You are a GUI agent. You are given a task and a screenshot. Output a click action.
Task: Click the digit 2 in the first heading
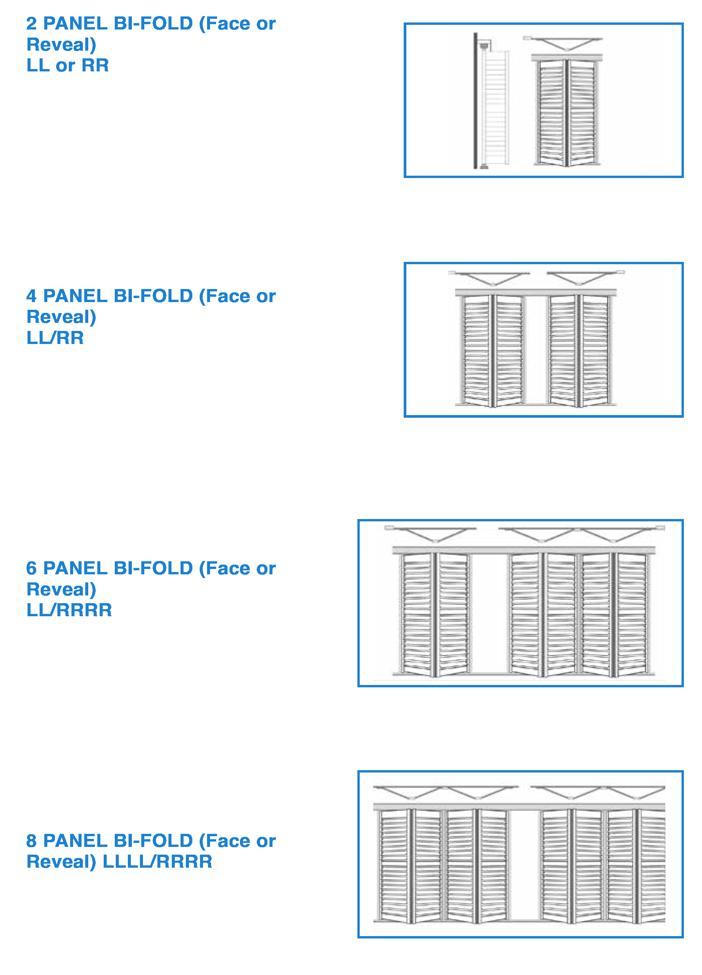click(x=32, y=24)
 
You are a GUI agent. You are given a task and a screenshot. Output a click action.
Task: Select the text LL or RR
click(x=67, y=65)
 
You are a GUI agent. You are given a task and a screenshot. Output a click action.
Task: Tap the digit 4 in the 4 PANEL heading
click(x=32, y=296)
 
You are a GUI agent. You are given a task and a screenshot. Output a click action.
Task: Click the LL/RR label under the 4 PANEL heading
click(x=55, y=338)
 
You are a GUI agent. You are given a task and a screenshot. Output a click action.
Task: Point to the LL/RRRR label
click(x=69, y=610)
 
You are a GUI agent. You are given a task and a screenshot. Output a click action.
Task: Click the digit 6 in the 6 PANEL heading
click(x=32, y=568)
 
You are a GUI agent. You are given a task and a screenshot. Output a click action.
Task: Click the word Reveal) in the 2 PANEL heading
click(x=61, y=45)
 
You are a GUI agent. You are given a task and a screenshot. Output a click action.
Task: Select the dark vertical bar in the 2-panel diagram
click(x=475, y=101)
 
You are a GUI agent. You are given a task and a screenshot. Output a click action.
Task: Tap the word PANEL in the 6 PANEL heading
click(x=75, y=568)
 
